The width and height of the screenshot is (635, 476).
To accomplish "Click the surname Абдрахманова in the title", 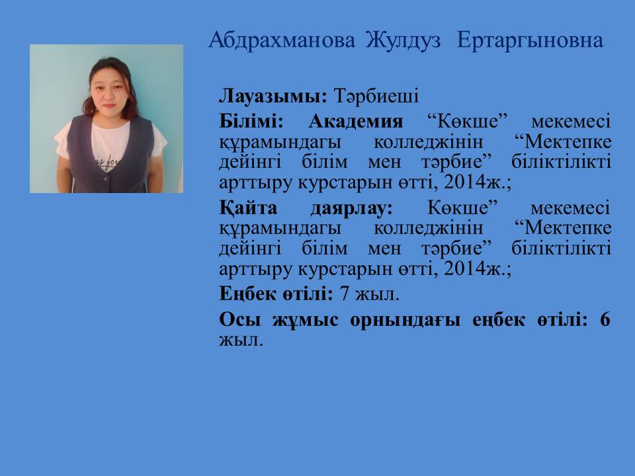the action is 282,41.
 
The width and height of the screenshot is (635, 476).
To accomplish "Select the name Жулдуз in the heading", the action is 403,40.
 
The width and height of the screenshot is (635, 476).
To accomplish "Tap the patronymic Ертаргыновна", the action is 530,41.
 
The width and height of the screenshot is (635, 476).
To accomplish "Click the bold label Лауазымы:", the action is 273,97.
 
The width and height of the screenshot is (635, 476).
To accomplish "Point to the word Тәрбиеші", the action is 376,97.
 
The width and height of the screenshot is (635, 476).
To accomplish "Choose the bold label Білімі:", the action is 251,121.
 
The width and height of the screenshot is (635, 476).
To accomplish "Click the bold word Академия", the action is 356,121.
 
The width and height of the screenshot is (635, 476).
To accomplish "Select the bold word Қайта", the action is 248,208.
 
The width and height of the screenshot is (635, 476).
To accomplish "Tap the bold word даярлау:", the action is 351,209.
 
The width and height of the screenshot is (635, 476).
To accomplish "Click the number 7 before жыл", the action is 344,294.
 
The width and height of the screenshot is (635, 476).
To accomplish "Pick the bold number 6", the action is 605,320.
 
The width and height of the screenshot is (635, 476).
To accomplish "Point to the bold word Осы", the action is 239,320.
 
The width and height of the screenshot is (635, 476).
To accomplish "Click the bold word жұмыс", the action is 305,321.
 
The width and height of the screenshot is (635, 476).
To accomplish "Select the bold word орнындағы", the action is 405,321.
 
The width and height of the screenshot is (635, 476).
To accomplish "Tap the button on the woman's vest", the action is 106,178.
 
